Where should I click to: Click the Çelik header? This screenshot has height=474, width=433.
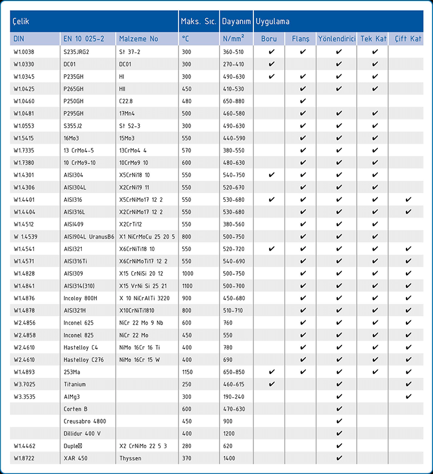click(x=21, y=22)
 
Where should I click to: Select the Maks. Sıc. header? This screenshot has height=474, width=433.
click(x=199, y=22)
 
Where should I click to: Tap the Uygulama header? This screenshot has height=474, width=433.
click(x=273, y=22)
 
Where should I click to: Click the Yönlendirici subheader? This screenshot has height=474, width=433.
click(x=337, y=39)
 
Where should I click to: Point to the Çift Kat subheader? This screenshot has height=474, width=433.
click(x=408, y=39)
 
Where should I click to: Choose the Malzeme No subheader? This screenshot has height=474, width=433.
click(x=139, y=39)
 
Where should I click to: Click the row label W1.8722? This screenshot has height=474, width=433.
click(x=24, y=458)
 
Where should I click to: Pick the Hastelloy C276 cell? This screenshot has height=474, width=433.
click(x=84, y=360)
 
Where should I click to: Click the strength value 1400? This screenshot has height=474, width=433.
click(x=230, y=458)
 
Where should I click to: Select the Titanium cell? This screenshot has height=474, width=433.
click(x=75, y=384)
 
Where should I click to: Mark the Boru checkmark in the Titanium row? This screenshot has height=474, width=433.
click(x=272, y=384)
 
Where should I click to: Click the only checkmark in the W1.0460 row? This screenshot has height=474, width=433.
click(x=303, y=101)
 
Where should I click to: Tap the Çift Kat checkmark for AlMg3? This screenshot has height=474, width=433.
click(x=408, y=397)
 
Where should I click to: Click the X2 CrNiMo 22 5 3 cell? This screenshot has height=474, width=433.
click(x=143, y=446)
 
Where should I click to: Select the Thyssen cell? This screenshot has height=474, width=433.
click(x=130, y=458)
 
